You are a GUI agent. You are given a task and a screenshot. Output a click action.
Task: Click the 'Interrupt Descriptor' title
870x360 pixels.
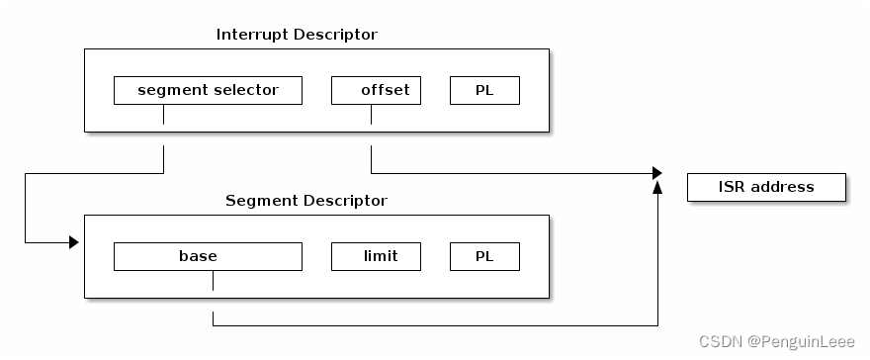[297, 35]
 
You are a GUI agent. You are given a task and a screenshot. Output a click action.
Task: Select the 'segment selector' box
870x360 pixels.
[208, 90]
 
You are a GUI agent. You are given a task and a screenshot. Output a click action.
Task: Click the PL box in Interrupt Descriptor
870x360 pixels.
[484, 90]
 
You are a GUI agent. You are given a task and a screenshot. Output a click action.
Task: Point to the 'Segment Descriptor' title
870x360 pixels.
[306, 201]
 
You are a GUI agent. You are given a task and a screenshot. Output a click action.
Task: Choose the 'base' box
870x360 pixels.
[208, 256]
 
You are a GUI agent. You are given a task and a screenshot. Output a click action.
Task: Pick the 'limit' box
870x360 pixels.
[376, 256]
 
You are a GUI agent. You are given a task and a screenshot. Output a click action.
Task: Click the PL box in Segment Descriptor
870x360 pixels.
[484, 256]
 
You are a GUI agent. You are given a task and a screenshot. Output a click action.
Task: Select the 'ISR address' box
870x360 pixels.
[766, 187]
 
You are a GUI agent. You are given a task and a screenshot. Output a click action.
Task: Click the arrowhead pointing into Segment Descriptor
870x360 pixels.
[73, 242]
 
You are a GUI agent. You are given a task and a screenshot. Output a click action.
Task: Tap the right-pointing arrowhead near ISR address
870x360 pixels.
[656, 173]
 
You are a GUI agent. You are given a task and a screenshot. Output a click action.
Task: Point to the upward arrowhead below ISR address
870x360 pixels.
[657, 188]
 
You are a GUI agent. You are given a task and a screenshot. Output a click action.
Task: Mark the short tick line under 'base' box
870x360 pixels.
[213, 280]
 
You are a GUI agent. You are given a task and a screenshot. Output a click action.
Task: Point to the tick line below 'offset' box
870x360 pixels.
[371, 114]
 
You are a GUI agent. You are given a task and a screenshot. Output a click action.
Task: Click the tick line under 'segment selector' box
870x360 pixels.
[163, 114]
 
